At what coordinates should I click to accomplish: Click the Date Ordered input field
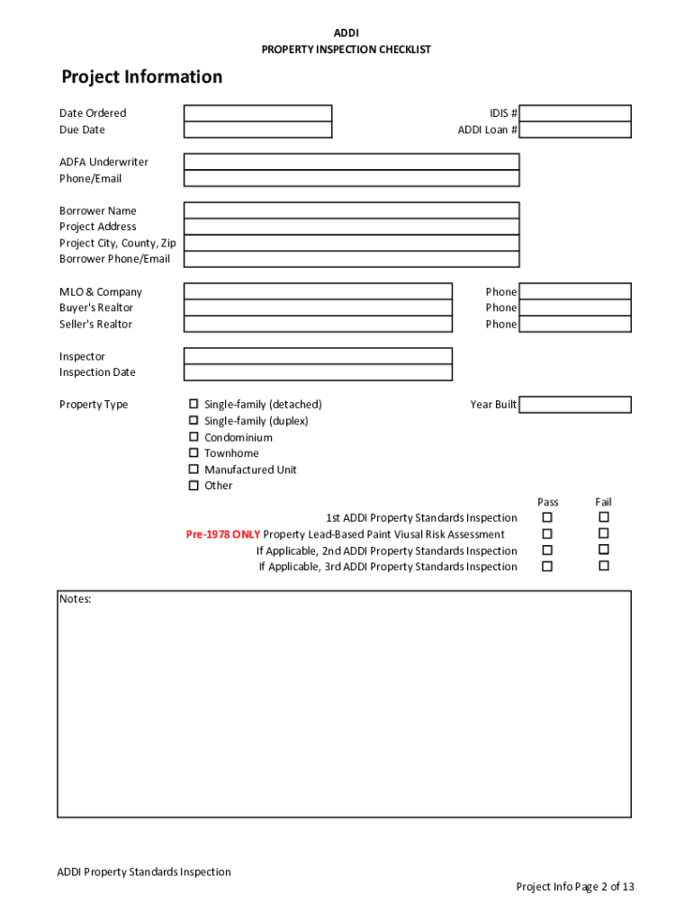tap(257, 113)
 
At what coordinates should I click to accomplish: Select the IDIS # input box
tap(575, 113)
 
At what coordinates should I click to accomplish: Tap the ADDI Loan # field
tap(575, 130)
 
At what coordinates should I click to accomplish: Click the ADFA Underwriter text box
tap(351, 162)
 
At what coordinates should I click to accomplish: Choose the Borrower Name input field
tap(351, 210)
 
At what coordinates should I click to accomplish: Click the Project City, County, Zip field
tap(351, 243)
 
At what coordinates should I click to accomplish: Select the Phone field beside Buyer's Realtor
tap(575, 308)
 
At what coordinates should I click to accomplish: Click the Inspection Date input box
tap(318, 372)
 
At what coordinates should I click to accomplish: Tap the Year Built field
tap(575, 405)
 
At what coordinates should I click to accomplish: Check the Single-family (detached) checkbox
tap(193, 405)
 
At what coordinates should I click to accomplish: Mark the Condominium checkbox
tap(193, 437)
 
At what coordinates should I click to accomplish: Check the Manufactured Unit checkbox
tap(193, 469)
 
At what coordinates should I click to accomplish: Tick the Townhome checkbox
tap(193, 453)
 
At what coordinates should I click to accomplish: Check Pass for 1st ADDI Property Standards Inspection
tap(547, 517)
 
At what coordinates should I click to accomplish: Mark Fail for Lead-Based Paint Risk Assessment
tap(604, 533)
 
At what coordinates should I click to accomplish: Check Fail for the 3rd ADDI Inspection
tap(604, 566)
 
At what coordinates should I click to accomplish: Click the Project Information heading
tap(141, 77)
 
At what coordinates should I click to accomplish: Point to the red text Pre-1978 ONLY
tap(222, 534)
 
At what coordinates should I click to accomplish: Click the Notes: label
tap(76, 599)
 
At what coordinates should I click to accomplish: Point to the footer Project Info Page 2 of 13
tap(574, 887)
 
